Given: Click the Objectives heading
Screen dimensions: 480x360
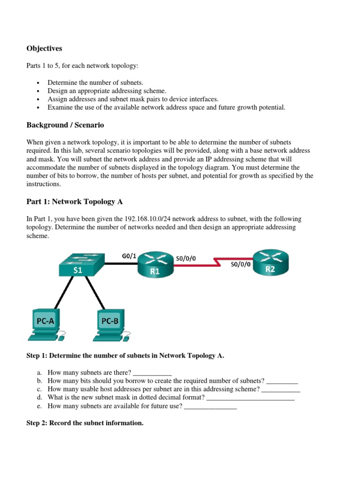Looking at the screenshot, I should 44,48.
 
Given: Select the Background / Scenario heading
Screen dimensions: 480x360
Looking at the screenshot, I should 65,125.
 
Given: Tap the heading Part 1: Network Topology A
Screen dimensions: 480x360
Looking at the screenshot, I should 71,202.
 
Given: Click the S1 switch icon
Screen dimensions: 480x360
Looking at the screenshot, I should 78,265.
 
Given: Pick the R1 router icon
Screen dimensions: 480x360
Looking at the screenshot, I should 155,265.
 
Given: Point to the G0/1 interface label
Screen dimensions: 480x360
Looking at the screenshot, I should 129,256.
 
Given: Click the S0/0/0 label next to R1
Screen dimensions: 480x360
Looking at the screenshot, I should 186,258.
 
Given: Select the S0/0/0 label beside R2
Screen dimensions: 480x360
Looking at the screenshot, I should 240,264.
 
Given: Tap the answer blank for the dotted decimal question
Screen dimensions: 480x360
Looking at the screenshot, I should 250,398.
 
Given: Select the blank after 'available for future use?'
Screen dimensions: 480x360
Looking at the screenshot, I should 210,406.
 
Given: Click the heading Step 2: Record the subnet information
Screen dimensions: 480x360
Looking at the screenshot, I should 84,423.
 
